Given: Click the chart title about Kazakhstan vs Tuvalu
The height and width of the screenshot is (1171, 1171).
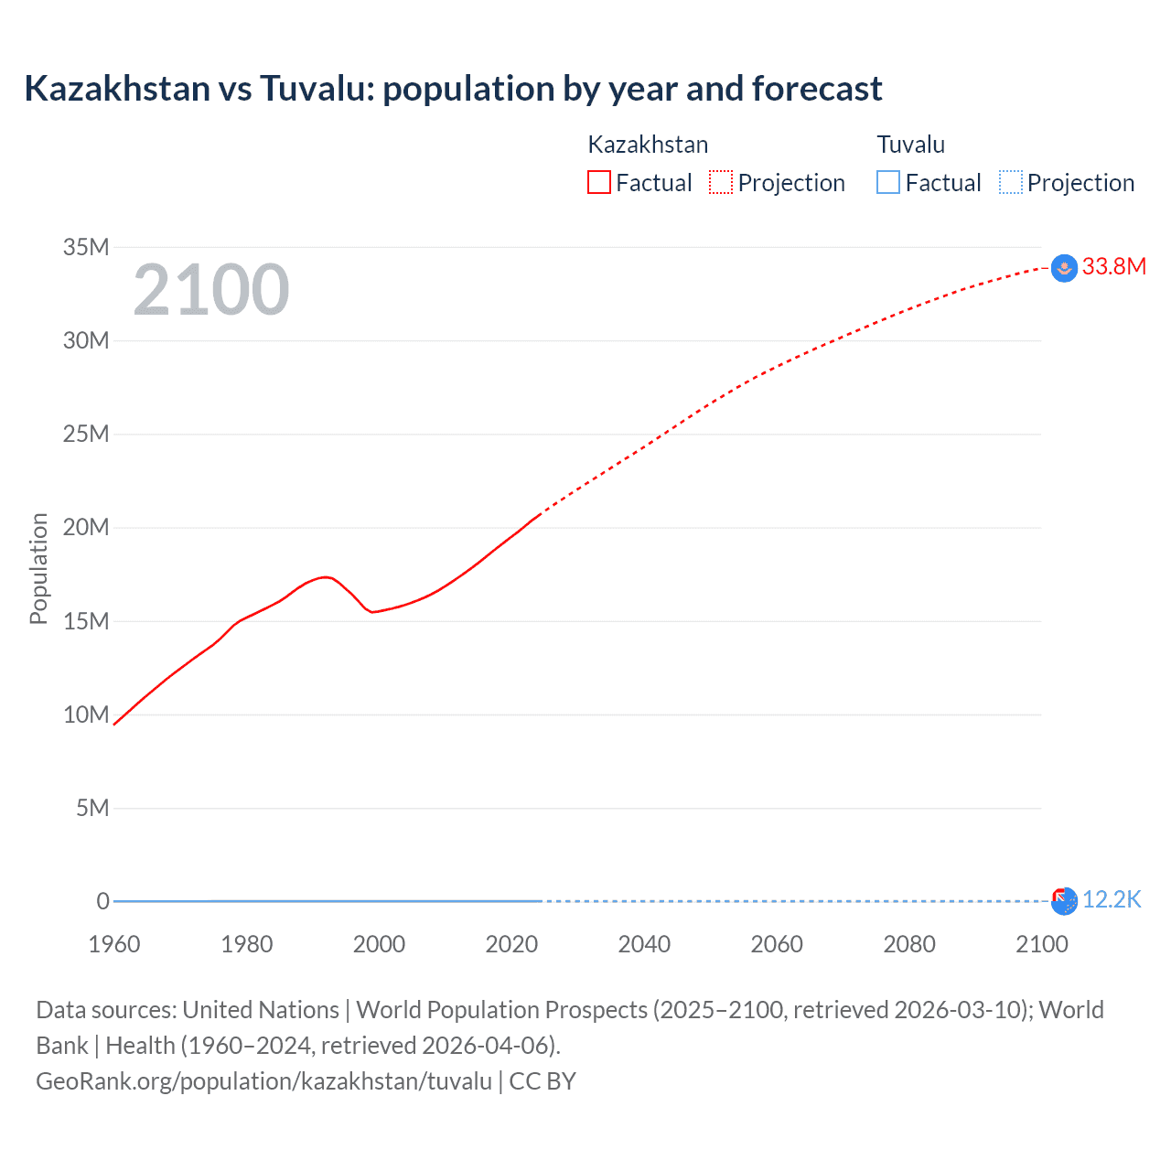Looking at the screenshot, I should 453,89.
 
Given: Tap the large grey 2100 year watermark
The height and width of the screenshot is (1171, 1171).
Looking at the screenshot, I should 211,290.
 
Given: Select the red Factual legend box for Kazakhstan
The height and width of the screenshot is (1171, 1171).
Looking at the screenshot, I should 599,182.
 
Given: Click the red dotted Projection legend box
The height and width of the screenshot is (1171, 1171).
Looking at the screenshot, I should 721,182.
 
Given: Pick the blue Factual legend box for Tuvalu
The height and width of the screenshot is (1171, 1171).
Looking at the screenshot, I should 888,182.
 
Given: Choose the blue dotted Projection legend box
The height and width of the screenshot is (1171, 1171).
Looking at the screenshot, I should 1011,182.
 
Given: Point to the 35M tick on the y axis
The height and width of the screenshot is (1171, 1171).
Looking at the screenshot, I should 86,247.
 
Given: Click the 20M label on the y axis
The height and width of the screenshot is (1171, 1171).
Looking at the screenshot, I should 86,528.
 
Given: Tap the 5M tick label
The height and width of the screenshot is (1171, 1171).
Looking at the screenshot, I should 92,808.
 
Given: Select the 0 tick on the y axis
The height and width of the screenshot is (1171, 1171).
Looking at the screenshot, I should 102,901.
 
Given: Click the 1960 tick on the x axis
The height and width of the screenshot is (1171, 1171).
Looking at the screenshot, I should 114,944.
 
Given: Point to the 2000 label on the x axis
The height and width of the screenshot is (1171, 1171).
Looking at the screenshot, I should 379,944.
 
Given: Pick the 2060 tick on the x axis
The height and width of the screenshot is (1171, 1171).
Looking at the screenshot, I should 777,944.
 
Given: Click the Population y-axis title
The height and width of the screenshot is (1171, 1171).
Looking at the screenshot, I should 38,568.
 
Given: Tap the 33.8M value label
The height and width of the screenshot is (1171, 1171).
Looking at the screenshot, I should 1113,266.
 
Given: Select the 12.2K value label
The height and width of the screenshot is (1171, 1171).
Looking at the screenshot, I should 1112,900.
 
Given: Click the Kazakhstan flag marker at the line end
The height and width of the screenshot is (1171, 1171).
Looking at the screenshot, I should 1064,268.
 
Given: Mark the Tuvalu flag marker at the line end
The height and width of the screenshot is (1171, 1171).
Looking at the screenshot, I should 1064,901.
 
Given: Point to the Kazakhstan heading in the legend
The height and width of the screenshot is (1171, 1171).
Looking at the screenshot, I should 648,145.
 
